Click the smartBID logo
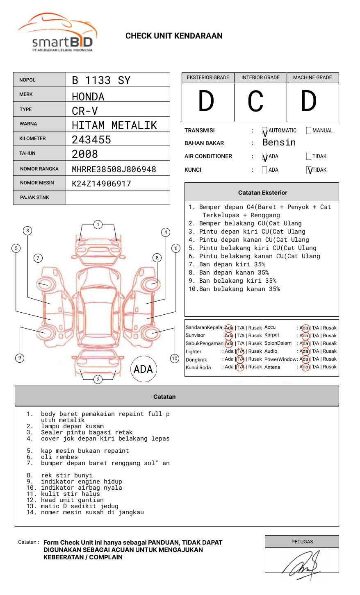[x=57, y=33]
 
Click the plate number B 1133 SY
[x=101, y=80]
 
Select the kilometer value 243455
[x=91, y=140]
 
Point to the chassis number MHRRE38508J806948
[x=114, y=169]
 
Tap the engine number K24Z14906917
[x=101, y=184]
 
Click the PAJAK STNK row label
[x=34, y=198]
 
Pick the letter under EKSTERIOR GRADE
[x=206, y=102]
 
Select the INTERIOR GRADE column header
[x=260, y=77]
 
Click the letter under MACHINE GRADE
[x=309, y=102]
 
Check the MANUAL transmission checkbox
[x=309, y=131]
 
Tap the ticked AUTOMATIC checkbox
[x=265, y=131]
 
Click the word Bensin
[x=279, y=143]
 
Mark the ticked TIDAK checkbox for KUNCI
[x=309, y=170]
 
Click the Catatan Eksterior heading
[x=262, y=193]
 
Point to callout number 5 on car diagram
[x=16, y=248]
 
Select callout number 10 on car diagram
[x=175, y=359]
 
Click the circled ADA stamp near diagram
[x=143, y=369]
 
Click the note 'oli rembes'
[x=59, y=457]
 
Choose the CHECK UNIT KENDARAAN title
[x=174, y=36]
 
